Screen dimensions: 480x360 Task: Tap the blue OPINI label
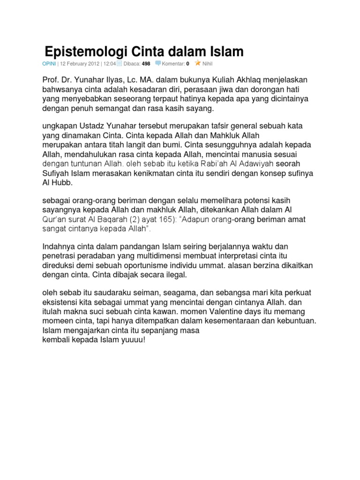pyautogui.click(x=49, y=63)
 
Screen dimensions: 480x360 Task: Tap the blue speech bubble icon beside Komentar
pyautogui.click(x=158, y=63)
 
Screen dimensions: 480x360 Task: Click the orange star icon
pyautogui.click(x=198, y=62)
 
